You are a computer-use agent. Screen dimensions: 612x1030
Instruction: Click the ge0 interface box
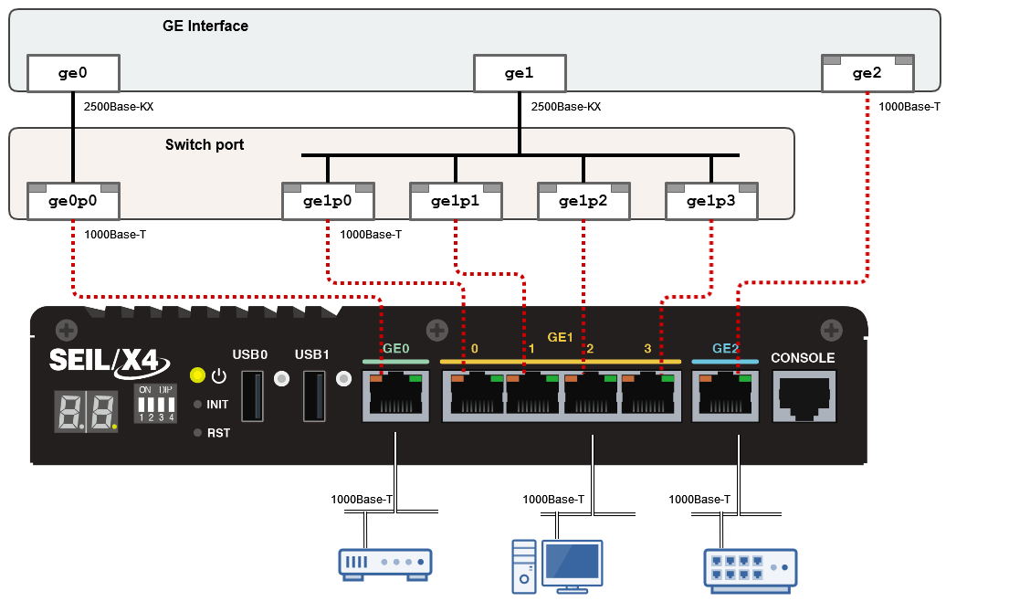coord(73,73)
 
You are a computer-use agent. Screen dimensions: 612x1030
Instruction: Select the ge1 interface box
coord(519,73)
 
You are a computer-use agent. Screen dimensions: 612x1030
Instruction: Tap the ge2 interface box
coord(867,73)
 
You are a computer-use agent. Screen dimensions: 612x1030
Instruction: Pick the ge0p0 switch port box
coord(73,201)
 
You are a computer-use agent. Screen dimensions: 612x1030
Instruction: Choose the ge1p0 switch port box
coord(329,201)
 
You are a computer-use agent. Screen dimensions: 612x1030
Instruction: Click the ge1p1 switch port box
coord(456,201)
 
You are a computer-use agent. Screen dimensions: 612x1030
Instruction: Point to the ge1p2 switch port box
coord(583,201)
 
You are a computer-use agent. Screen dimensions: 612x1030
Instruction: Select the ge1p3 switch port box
coord(711,201)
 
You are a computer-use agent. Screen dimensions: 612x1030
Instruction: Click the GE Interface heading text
coord(205,26)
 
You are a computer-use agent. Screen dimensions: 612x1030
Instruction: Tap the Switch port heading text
coord(205,145)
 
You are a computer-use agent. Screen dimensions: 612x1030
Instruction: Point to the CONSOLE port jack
coord(804,396)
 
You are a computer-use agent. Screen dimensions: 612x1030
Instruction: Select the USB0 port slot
coord(252,396)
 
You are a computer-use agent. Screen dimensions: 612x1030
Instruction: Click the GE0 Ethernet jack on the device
coord(395,396)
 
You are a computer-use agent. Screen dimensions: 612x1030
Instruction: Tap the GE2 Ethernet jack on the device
coord(725,396)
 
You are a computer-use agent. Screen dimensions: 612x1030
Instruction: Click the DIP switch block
coord(154,402)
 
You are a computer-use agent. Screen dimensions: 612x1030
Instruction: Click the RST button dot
coord(196,433)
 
